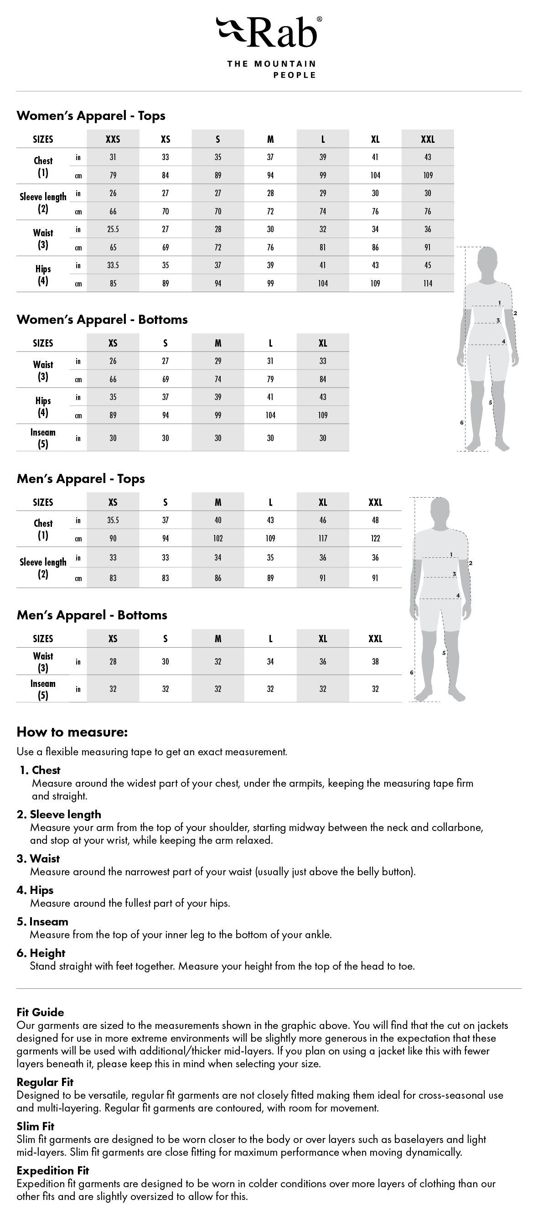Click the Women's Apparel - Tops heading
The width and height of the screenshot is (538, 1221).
(x=91, y=116)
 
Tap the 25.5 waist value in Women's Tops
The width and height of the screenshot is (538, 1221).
(x=113, y=229)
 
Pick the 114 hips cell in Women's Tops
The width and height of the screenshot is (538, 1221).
(x=428, y=283)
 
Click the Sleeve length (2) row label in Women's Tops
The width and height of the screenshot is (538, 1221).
(x=43, y=203)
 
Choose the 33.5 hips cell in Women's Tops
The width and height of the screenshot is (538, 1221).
(x=113, y=265)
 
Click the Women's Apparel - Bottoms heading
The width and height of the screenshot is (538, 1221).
(x=102, y=319)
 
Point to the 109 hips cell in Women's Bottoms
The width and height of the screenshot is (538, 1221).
(x=323, y=415)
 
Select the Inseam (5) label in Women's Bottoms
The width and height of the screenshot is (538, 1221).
(x=43, y=438)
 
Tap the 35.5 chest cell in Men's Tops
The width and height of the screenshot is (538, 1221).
(x=113, y=520)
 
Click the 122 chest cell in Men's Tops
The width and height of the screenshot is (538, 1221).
(x=375, y=539)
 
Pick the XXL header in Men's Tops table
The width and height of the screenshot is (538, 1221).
(x=375, y=503)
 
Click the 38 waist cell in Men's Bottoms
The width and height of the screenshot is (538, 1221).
(x=375, y=662)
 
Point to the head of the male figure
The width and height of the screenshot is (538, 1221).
(x=440, y=510)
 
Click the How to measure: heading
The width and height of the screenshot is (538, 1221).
(x=72, y=732)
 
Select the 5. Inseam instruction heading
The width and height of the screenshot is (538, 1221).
(x=43, y=921)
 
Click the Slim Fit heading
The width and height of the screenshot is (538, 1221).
(x=36, y=1126)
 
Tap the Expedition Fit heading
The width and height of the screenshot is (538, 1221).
(x=52, y=1170)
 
